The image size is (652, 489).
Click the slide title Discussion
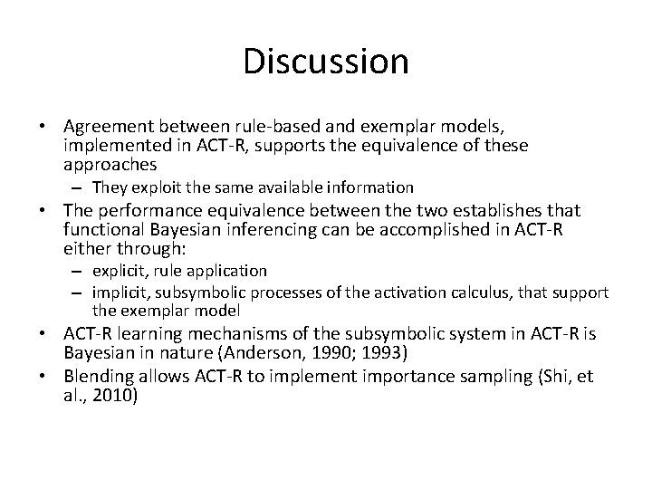tap(326, 62)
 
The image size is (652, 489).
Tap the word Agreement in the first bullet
tap(103, 127)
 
